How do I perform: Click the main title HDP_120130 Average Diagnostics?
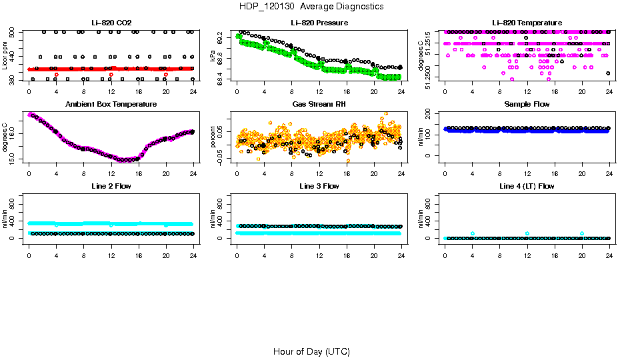(311, 6)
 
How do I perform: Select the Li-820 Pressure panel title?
(319, 23)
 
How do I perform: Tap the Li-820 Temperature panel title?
(527, 23)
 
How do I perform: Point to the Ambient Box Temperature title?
(111, 105)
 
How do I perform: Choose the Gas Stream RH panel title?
(319, 105)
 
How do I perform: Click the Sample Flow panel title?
(527, 105)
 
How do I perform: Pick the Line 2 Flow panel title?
(111, 186)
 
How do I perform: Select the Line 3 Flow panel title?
(319, 186)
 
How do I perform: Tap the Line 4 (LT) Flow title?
(527, 186)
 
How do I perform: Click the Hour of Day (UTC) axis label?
(311, 351)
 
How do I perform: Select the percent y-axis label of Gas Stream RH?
(213, 137)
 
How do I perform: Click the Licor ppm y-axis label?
(5, 55)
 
